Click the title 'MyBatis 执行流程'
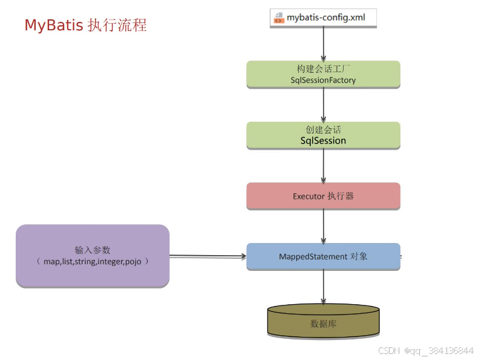[x=85, y=25]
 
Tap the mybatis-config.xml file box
[x=323, y=17]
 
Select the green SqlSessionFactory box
[x=323, y=74]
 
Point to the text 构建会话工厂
[x=323, y=68]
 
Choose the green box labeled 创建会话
[x=323, y=135]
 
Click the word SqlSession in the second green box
[x=323, y=141]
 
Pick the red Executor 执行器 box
[x=323, y=196]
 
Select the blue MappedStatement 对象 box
[x=323, y=256]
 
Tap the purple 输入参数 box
[x=93, y=256]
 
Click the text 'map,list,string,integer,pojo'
[x=93, y=261]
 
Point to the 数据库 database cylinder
[x=323, y=321]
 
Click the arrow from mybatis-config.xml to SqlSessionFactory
[x=324, y=44]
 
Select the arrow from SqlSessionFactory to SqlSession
[x=324, y=105]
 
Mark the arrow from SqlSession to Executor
[x=324, y=165]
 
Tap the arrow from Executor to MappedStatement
[x=324, y=226]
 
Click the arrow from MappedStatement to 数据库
[x=324, y=287]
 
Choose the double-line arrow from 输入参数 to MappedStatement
[x=208, y=256]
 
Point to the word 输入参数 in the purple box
[x=93, y=250]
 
